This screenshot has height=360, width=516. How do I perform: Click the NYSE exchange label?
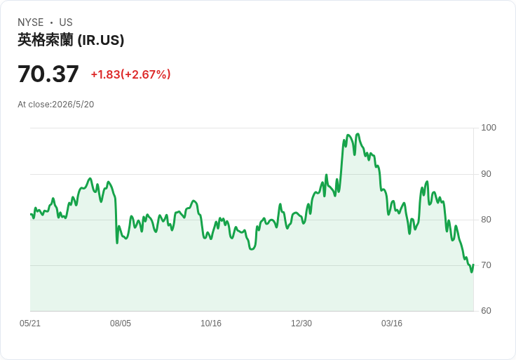[31, 22]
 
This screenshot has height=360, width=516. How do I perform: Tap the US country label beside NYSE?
[66, 22]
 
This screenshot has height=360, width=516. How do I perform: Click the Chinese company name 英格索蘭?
[46, 40]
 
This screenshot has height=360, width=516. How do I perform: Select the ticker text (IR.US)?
[101, 40]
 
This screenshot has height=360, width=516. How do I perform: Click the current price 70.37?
[48, 74]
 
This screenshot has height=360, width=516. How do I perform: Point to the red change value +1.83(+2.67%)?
[130, 74]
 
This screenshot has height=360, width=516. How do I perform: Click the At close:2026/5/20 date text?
[56, 105]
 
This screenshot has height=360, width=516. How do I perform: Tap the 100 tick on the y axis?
[489, 128]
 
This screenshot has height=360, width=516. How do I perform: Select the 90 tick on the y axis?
[486, 174]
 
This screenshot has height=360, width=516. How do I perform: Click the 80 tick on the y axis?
[486, 220]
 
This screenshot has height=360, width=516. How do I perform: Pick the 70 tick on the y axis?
[486, 265]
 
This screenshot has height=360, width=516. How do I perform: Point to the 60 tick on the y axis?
[486, 311]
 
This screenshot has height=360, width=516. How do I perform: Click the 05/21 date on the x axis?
[30, 324]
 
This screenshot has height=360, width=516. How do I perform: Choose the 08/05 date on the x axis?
[121, 324]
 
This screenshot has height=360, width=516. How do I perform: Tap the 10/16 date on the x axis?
[211, 324]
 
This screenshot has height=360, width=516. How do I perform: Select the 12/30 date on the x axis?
[301, 324]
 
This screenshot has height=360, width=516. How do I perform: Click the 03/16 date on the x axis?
[392, 324]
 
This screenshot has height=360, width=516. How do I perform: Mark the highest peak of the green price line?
[358, 134]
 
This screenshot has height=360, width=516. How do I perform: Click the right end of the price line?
[473, 265]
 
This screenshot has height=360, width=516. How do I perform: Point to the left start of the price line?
[31, 215]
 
